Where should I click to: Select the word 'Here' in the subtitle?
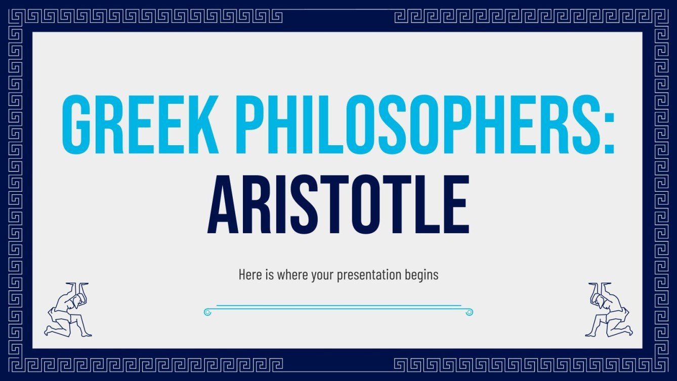(x=248, y=275)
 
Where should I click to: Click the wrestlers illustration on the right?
(x=608, y=310)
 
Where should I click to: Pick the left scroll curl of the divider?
(x=207, y=312)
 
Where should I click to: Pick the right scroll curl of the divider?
(x=470, y=312)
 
